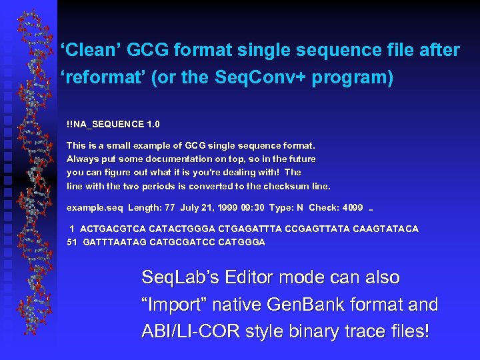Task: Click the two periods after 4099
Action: (372, 209)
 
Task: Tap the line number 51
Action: (72, 242)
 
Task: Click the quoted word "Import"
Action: (174, 305)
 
